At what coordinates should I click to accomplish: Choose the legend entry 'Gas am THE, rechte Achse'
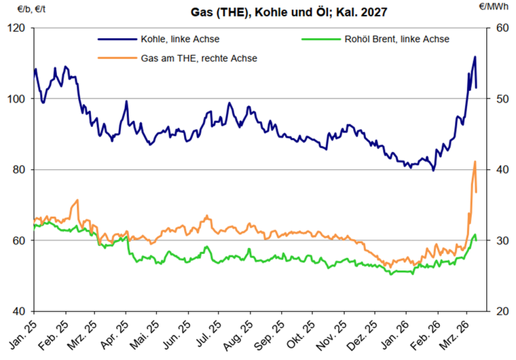click(x=199, y=58)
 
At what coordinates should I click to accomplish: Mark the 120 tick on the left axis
click(x=16, y=28)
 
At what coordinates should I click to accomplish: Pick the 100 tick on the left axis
click(x=16, y=98)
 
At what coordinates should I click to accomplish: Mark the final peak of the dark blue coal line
click(x=475, y=57)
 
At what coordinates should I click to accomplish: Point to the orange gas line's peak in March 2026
click(x=475, y=162)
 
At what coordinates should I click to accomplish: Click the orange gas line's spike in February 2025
click(x=78, y=200)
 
